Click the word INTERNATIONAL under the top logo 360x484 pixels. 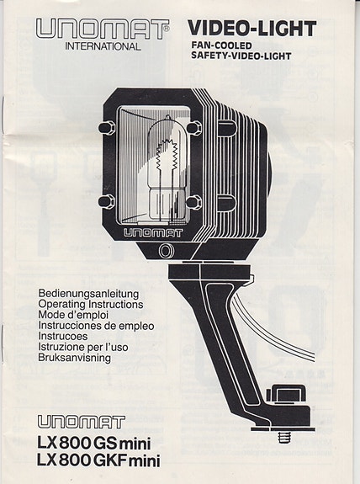(103, 46)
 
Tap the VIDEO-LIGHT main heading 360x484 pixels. (252, 29)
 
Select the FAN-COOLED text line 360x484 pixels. (221, 45)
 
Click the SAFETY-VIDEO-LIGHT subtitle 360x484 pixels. (241, 56)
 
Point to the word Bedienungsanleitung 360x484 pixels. (88, 294)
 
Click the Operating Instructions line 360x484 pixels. (91, 305)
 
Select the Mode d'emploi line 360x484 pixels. (73, 315)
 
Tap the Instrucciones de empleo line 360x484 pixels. (96, 326)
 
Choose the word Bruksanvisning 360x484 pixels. (74, 358)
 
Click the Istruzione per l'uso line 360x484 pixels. (83, 347)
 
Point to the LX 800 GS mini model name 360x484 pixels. (94, 444)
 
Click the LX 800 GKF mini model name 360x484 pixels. (98, 460)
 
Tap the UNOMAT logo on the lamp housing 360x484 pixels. (153, 233)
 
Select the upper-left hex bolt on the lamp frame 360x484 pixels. (107, 128)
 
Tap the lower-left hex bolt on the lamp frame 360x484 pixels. (107, 201)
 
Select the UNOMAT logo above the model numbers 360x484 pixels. (82, 422)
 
